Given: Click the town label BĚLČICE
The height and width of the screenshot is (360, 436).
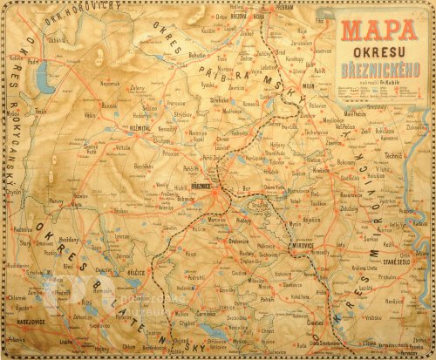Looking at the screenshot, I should tap(133, 274).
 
